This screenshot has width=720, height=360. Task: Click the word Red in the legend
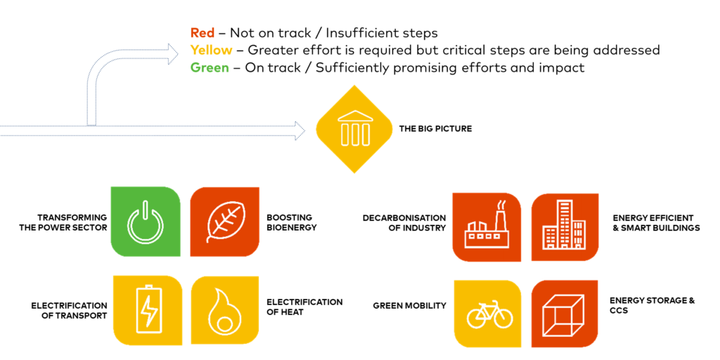pyautogui.click(x=202, y=33)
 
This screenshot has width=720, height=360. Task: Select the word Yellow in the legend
pyautogui.click(x=211, y=51)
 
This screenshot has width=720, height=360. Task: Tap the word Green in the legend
pyautogui.click(x=210, y=68)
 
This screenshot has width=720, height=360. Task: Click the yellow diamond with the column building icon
pyautogui.click(x=354, y=129)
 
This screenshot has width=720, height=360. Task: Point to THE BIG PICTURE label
pyautogui.click(x=435, y=129)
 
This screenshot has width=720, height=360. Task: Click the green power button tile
pyautogui.click(x=146, y=221)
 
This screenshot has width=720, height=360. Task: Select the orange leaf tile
pyautogui.click(x=224, y=221)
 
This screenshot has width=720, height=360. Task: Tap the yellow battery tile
pyautogui.click(x=148, y=310)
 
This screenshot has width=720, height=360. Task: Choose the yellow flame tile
pyautogui.click(x=224, y=310)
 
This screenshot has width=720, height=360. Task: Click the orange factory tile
pyautogui.click(x=487, y=227)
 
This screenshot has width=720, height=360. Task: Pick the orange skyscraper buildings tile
pyautogui.click(x=565, y=227)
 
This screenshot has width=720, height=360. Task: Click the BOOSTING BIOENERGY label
pyautogui.click(x=292, y=222)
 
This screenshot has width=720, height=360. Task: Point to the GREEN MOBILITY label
pyautogui.click(x=410, y=305)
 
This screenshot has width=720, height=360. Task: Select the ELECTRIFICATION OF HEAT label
pyautogui.click(x=304, y=307)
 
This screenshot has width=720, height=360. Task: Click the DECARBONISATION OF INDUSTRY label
pyautogui.click(x=404, y=222)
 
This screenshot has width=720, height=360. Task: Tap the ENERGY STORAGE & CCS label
pyautogui.click(x=652, y=305)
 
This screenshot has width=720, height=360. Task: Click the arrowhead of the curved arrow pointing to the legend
pyautogui.click(x=173, y=53)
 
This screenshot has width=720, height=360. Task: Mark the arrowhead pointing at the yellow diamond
pyautogui.click(x=300, y=130)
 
